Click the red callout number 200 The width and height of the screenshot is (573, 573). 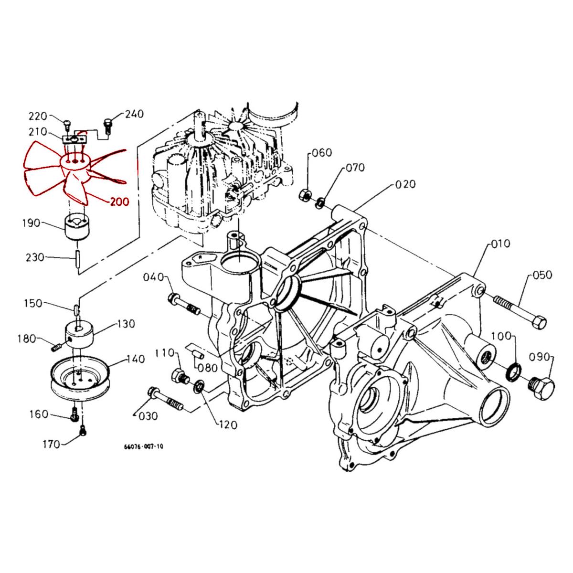119,202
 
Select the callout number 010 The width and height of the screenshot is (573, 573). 500,244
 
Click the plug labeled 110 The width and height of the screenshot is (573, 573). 179,377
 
